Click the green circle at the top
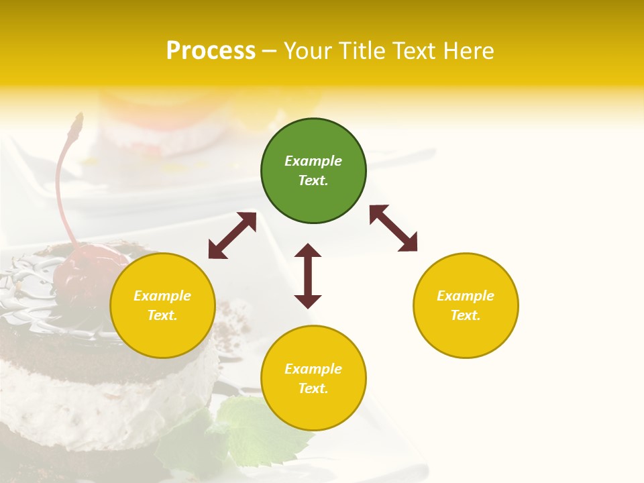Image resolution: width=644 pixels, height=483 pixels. click(x=313, y=171)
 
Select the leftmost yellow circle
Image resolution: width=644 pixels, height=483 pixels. click(x=162, y=305)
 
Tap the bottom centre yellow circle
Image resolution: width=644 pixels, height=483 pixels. click(x=313, y=378)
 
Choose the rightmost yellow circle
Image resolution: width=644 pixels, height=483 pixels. click(x=466, y=305)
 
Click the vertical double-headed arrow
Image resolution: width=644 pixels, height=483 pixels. click(x=308, y=276)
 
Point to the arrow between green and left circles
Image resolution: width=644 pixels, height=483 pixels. click(x=232, y=235)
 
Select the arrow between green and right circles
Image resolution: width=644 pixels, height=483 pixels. click(x=393, y=228)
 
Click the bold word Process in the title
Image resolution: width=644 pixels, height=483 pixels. click(x=211, y=51)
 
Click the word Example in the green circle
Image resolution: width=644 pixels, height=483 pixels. click(x=313, y=161)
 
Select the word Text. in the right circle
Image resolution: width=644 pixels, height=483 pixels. click(x=466, y=315)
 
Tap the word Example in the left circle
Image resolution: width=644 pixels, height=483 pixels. click(x=162, y=296)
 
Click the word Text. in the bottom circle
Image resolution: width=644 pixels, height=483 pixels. click(x=313, y=388)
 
